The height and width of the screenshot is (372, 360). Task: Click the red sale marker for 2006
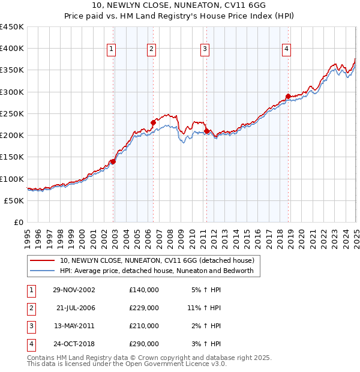pyautogui.click(x=153, y=123)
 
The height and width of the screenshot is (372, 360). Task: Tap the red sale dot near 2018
pyautogui.click(x=288, y=96)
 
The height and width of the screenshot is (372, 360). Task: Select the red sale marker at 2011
pyautogui.click(x=206, y=131)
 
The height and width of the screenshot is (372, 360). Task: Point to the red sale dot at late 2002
pyautogui.click(x=113, y=161)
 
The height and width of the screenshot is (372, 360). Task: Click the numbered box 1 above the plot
pyautogui.click(x=112, y=49)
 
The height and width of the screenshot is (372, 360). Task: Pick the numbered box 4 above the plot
pyautogui.click(x=287, y=49)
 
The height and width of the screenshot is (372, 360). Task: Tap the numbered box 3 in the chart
pyautogui.click(x=205, y=49)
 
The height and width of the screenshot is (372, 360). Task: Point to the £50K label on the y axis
pyautogui.click(x=14, y=200)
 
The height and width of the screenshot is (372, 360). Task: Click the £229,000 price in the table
pyautogui.click(x=144, y=308)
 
